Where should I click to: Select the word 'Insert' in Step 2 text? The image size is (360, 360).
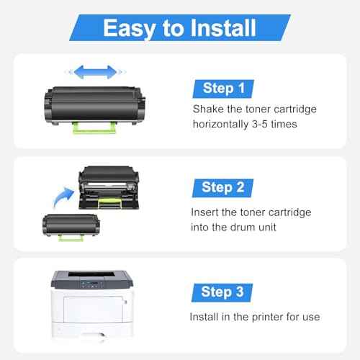[206, 213]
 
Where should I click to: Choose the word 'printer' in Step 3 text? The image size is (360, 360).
[260, 317]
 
